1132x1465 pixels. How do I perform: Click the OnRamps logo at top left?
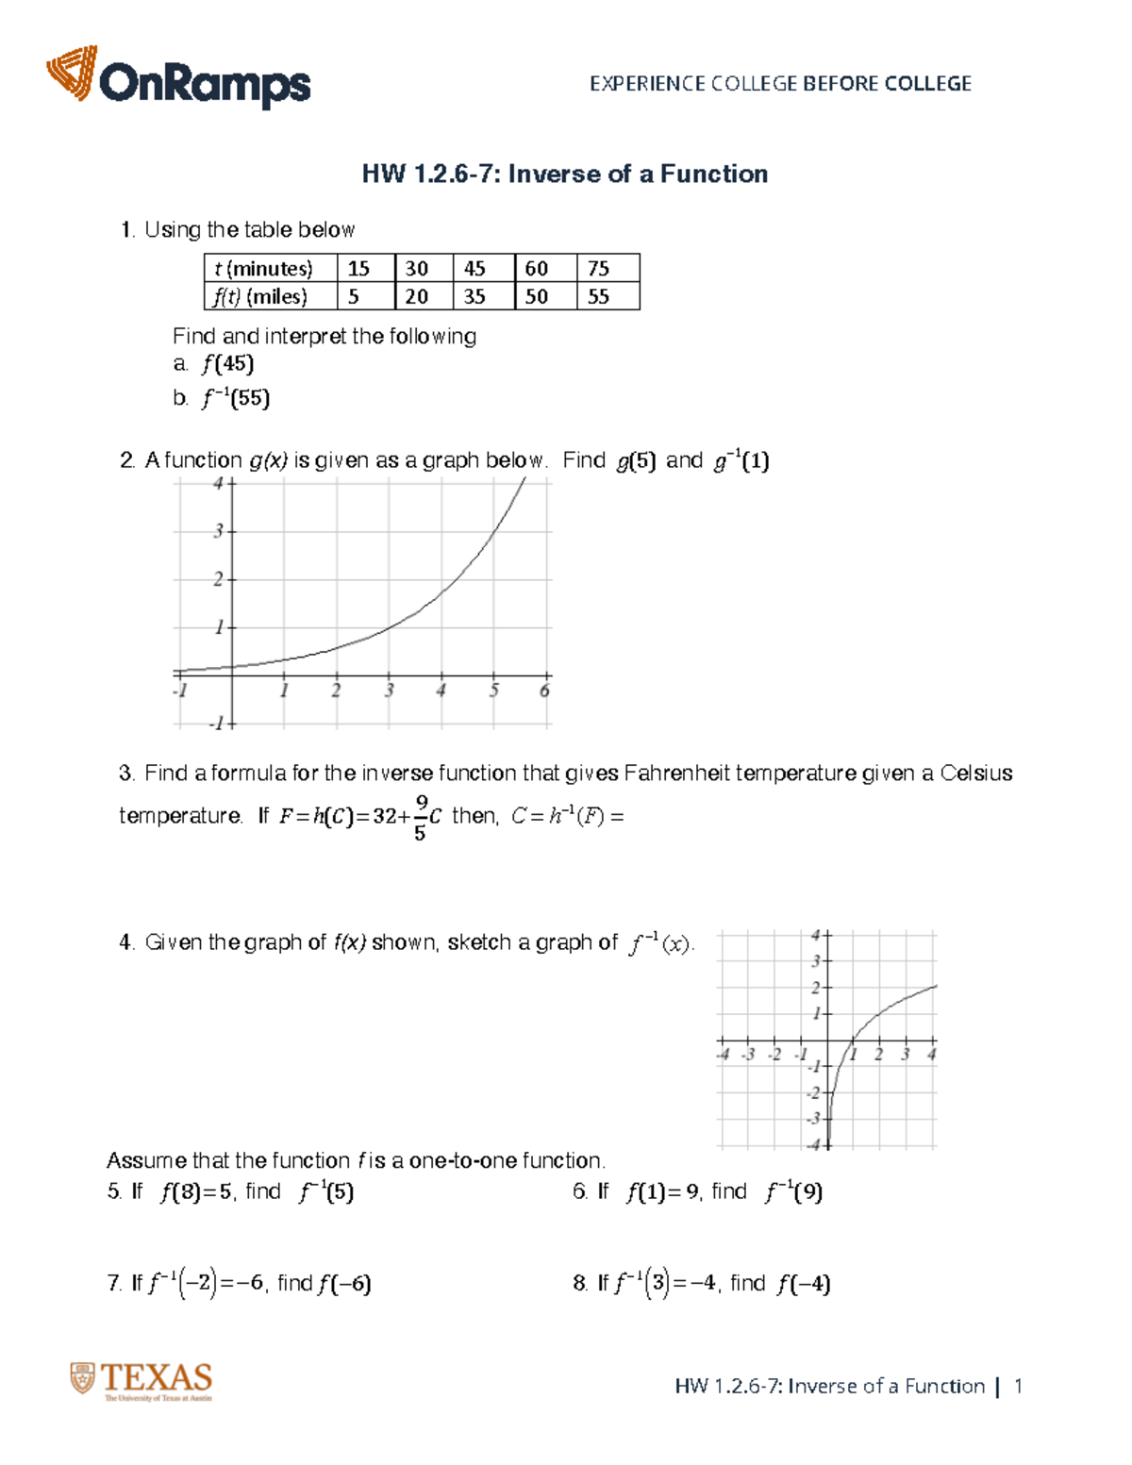pos(178,77)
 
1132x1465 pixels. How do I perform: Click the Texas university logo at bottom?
pos(141,1381)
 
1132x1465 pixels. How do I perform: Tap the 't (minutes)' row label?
pos(263,268)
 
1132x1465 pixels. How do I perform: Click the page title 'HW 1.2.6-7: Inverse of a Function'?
pos(565,174)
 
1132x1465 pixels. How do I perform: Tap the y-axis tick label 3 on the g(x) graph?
pos(218,531)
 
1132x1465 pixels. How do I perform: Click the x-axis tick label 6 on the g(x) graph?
pos(544,691)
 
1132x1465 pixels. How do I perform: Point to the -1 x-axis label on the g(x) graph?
pos(180,691)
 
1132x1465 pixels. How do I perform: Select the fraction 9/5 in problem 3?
pos(420,817)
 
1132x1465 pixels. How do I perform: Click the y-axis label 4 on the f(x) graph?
pos(816,935)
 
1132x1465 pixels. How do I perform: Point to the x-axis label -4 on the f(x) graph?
pos(723,1055)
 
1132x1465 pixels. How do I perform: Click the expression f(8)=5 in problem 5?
pos(196,1192)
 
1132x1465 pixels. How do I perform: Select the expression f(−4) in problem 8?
pos(803,1284)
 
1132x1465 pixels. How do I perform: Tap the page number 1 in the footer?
pos(1018,1386)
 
